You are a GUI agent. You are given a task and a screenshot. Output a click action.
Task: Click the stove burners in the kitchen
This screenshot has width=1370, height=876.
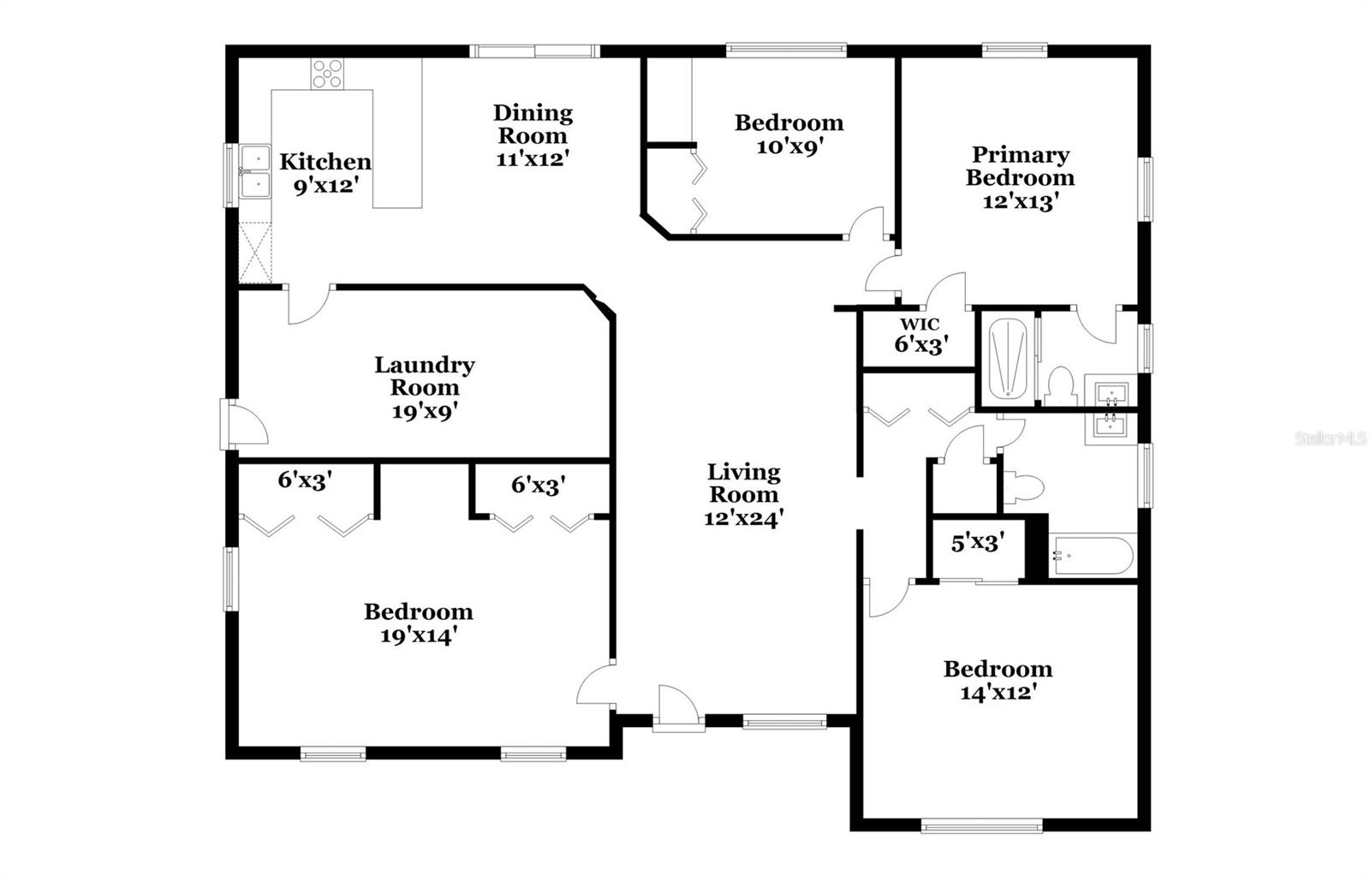pyautogui.click(x=327, y=74)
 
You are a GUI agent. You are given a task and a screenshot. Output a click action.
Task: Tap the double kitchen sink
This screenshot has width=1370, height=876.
pyautogui.click(x=255, y=171)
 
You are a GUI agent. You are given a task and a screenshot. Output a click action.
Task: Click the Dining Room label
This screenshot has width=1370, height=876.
pyautogui.click(x=533, y=124)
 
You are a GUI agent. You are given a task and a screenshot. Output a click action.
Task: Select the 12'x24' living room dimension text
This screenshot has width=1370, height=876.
pyautogui.click(x=743, y=518)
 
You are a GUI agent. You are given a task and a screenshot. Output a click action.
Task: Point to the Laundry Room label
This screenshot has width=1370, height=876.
pyautogui.click(x=425, y=376)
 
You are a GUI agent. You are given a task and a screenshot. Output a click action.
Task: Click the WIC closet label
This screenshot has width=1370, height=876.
pyautogui.click(x=919, y=325)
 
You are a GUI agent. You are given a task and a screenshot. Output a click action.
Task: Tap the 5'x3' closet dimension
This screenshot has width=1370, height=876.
pyautogui.click(x=977, y=542)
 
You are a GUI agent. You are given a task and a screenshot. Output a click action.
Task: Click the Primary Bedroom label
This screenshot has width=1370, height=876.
pyautogui.click(x=1020, y=166)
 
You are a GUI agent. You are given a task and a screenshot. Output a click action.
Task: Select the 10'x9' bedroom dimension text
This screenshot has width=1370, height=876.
pyautogui.click(x=789, y=146)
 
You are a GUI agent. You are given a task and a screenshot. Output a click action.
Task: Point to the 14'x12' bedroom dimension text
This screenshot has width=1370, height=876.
pyautogui.click(x=998, y=692)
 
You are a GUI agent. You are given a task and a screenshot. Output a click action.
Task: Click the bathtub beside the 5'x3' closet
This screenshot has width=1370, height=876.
pyautogui.click(x=1092, y=556)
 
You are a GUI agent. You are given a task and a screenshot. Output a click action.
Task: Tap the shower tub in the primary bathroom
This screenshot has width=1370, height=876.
pyautogui.click(x=1007, y=359)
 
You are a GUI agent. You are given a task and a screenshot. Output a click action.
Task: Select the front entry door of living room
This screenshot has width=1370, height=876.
pyautogui.click(x=678, y=708)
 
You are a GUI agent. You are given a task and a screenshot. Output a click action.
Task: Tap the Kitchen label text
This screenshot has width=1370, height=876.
pyautogui.click(x=325, y=161)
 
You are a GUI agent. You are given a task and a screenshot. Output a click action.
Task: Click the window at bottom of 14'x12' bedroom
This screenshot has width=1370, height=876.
pyautogui.click(x=981, y=826)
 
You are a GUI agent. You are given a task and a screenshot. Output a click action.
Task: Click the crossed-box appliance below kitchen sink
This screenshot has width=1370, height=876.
pyautogui.click(x=254, y=253)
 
